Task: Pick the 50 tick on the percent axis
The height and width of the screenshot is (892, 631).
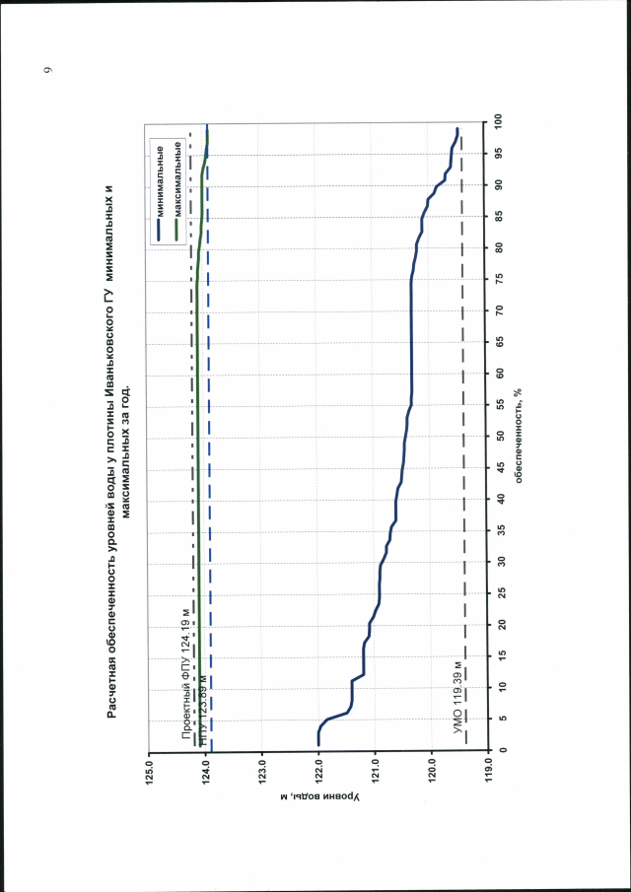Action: pos(501,436)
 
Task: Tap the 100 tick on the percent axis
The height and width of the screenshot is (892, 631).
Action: pos(501,121)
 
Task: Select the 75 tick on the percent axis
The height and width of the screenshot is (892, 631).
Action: pos(501,278)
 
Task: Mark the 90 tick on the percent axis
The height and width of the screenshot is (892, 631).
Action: pos(501,184)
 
